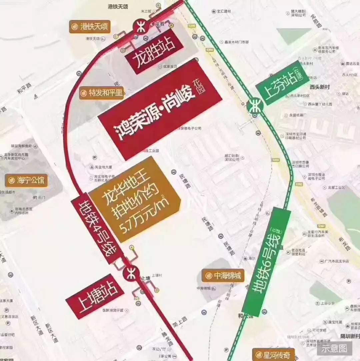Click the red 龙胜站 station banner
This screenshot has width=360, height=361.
[154, 51]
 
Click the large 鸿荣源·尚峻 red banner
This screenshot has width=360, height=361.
[160, 109]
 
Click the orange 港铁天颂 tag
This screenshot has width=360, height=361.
[90, 27]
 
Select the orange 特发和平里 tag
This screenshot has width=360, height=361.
[102, 93]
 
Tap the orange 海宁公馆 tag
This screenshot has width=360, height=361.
[27, 181]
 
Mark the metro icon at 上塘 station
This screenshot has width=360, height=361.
[131, 274]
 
